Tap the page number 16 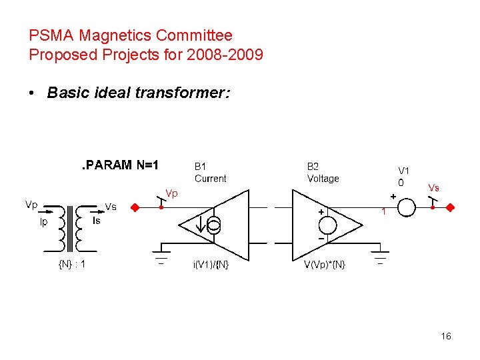tap(446, 336)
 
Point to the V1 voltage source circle tap(406, 207)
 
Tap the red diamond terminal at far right tap(450, 207)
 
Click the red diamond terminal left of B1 tap(134, 207)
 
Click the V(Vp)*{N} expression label tap(325, 265)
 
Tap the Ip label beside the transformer tap(44, 222)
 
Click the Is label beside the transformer tap(96, 221)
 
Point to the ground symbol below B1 tap(161, 256)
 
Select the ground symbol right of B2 tap(380, 256)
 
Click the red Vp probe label tap(171, 193)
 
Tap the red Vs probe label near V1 tap(433, 187)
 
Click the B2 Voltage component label tap(323, 173)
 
